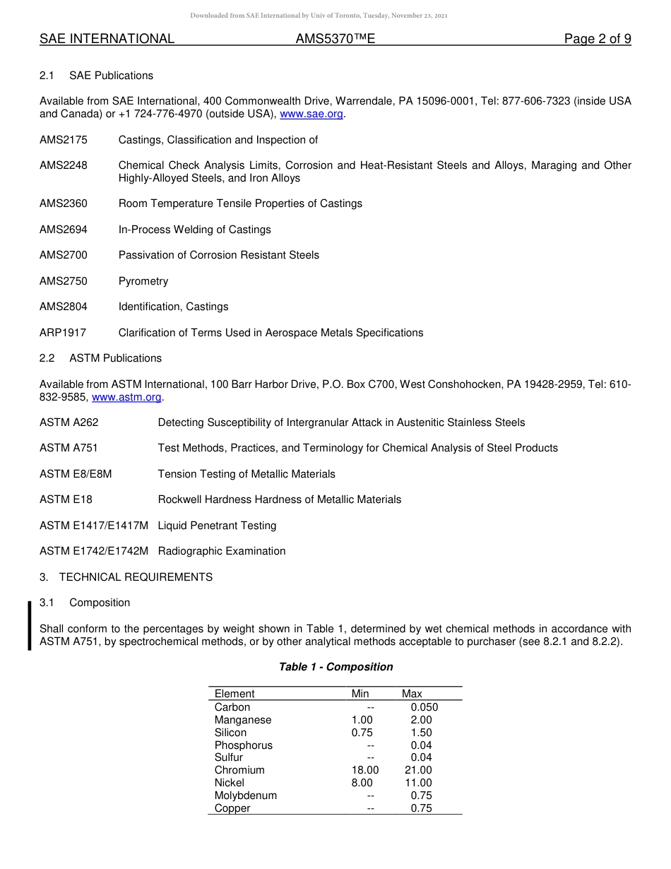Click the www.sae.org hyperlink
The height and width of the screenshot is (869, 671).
click(x=311, y=114)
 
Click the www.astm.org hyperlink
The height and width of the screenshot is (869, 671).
click(x=126, y=397)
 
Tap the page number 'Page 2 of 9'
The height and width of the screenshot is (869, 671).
click(x=597, y=39)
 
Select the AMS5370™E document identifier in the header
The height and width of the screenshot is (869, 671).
click(x=335, y=39)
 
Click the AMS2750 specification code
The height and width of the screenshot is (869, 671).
click(x=64, y=281)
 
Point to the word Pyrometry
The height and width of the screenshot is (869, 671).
click(x=143, y=281)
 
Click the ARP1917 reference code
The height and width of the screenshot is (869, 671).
click(x=63, y=333)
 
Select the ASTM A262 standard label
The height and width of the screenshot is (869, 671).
click(x=69, y=422)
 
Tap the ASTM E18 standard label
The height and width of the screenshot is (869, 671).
click(x=66, y=499)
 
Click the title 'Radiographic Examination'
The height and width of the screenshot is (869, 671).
click(x=222, y=551)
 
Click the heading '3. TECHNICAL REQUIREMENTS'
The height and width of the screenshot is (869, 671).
click(x=126, y=577)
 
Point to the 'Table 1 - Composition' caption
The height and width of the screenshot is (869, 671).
click(x=335, y=667)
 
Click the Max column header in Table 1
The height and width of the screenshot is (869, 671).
click(x=412, y=694)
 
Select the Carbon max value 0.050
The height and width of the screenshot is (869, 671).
click(x=424, y=707)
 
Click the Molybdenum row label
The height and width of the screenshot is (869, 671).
click(x=246, y=796)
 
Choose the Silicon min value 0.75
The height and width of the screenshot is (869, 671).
click(x=362, y=733)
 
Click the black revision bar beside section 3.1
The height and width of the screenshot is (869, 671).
click(x=30, y=625)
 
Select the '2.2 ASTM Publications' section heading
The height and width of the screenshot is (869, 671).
click(x=100, y=358)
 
